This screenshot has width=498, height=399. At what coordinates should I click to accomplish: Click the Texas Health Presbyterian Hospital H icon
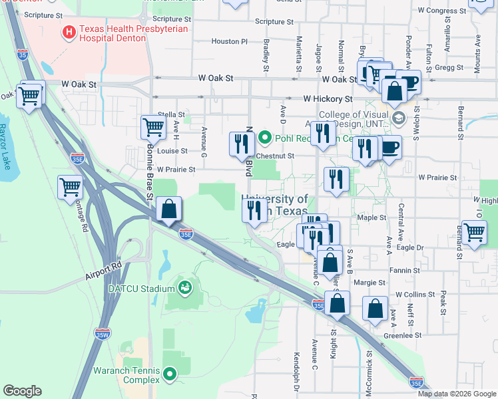point(69,31)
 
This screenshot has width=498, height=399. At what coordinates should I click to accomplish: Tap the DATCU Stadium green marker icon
point(184,288)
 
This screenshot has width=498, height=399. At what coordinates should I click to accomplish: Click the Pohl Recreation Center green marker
point(265,138)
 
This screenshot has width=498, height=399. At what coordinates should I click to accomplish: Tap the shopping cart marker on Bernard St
point(473,233)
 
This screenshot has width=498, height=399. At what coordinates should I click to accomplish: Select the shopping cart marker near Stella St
point(153,126)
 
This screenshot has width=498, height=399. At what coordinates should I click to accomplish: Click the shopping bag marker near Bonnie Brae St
point(170,209)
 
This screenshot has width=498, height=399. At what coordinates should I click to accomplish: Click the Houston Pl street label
point(229,41)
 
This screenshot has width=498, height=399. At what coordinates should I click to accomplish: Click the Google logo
point(22,391)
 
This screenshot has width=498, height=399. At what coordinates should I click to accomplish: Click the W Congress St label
point(443,11)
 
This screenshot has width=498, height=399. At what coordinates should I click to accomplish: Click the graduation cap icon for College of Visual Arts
point(399,118)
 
